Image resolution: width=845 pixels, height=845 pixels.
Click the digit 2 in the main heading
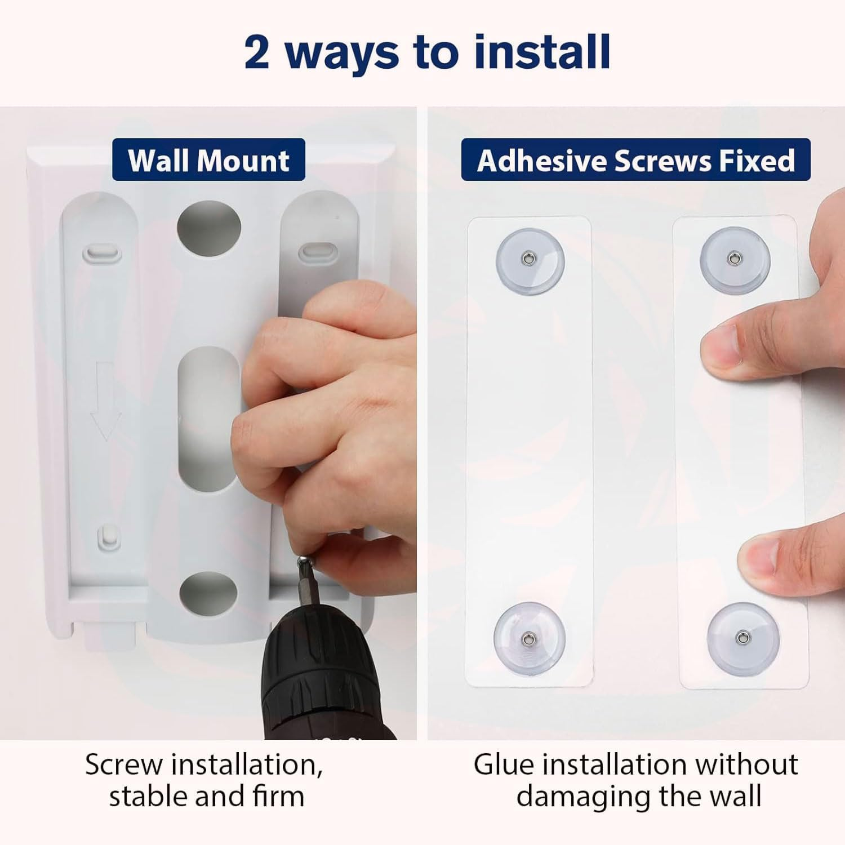click(x=257, y=52)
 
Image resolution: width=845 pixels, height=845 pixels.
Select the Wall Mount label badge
click(x=208, y=160)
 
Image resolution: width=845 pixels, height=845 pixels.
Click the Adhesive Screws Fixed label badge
click(x=635, y=160)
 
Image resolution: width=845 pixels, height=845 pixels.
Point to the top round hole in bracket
click(x=209, y=228)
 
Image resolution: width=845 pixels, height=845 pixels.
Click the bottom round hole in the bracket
click(x=208, y=594)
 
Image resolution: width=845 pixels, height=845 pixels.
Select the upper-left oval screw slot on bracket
click(x=102, y=253)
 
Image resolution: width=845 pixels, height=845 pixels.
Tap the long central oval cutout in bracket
click(x=208, y=417)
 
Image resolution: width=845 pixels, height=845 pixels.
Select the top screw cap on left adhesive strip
click(x=530, y=259)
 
